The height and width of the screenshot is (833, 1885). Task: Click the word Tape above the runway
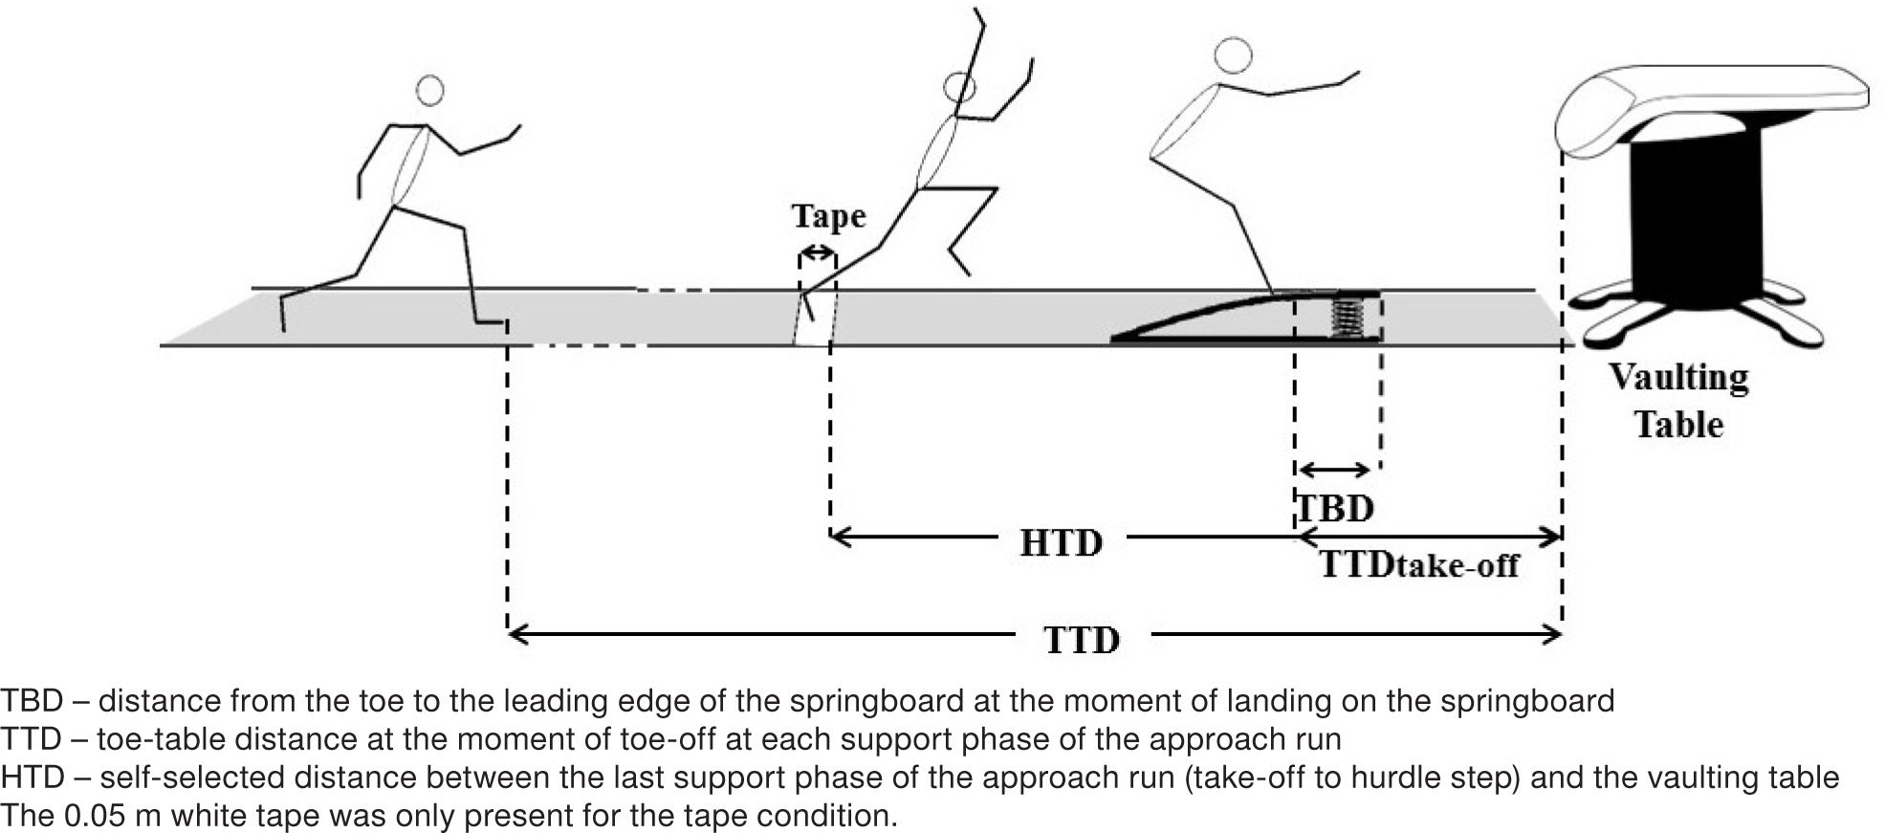[828, 216]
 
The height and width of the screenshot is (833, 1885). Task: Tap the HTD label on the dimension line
[1061, 543]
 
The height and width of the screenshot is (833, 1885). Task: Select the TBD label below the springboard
[1335, 508]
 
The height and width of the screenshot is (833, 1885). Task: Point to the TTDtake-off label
[1419, 565]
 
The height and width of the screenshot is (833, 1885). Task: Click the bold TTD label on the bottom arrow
[1081, 640]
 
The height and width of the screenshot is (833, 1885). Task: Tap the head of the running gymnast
[430, 91]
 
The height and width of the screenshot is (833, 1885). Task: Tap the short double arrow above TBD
[1334, 469]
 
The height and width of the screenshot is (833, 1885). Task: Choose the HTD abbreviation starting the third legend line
[31, 778]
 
